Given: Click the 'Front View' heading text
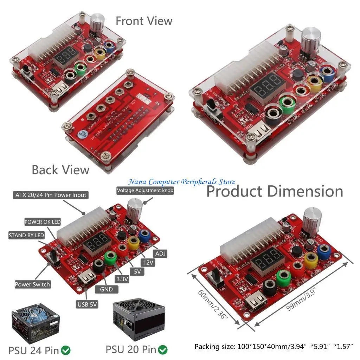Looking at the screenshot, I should (x=144, y=21).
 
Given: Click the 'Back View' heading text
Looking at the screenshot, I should (x=60, y=170).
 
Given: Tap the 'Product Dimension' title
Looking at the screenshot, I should (x=274, y=192).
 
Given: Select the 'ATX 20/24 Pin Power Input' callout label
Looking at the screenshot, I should (x=51, y=195).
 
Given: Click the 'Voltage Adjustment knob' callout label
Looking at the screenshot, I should (x=145, y=190).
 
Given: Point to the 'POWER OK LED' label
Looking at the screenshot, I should (x=42, y=222).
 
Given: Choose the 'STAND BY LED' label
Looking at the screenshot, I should (x=27, y=235).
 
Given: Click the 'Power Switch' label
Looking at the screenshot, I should (x=32, y=284).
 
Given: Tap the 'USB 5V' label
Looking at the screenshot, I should (x=87, y=304).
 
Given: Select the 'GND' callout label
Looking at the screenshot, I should (x=107, y=289).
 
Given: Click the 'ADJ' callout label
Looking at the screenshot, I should (x=160, y=253).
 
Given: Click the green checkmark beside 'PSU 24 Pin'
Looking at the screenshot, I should (x=66, y=350).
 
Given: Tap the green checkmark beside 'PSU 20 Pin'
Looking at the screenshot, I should (x=163, y=350).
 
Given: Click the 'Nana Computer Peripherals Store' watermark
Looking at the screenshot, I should (x=181, y=182).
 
